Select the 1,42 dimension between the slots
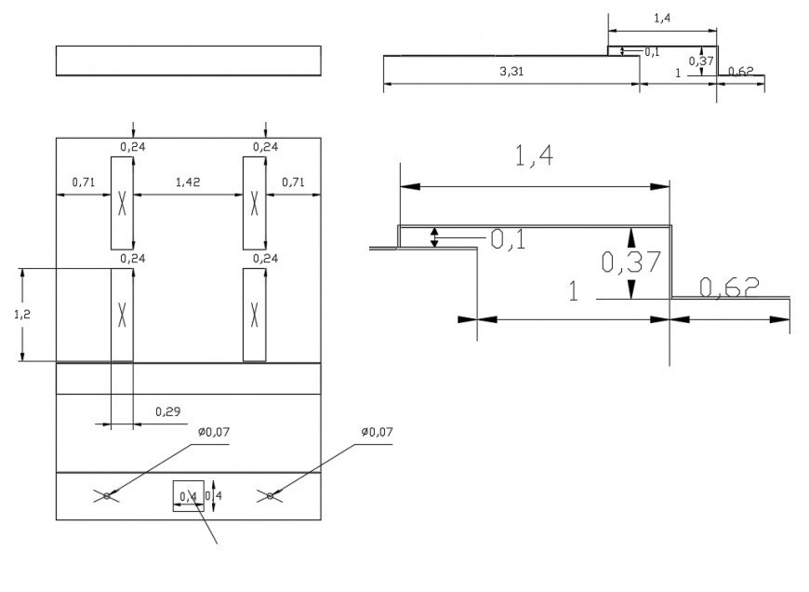coord(188,182)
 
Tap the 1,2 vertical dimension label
coord(21,315)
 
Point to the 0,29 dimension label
coord(167,410)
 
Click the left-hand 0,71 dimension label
coord(85,182)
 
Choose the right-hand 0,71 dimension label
coord(294,182)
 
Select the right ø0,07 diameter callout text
coord(376,432)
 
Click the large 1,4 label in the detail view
coord(534,156)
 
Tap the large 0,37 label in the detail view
coord(630,262)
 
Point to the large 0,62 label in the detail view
coord(730,288)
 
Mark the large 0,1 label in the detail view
coord(508,240)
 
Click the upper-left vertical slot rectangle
coord(122,203)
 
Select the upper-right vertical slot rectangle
coord(254,203)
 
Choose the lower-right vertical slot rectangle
coord(254,315)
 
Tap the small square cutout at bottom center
coord(188,496)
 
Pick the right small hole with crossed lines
coord(270,496)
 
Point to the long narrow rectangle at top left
coord(188,61)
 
